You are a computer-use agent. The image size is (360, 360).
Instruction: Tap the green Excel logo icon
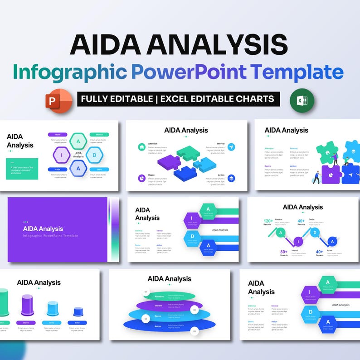302,100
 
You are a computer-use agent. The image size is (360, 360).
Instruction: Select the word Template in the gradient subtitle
296,72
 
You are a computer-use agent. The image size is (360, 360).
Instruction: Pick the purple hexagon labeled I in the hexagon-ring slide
61,154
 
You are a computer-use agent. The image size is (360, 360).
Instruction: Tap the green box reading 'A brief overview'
22,169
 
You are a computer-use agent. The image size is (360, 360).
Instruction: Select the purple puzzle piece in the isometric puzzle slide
169,161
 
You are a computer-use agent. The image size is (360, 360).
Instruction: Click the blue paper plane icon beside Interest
231,147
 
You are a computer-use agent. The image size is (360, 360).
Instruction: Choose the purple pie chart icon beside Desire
142,178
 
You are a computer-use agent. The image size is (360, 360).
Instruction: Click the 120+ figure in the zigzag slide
268,222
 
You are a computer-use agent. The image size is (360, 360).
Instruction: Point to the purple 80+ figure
284,252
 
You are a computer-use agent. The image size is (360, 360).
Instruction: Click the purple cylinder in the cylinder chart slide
27,305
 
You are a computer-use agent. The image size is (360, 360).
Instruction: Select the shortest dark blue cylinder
78,312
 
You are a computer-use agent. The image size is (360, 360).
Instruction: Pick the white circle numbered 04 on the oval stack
194,331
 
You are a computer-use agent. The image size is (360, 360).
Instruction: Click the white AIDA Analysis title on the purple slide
43,229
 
